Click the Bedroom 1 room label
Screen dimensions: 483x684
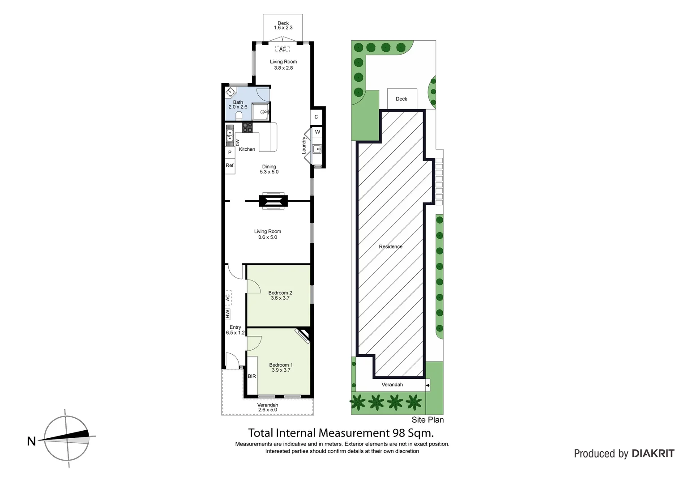[x=281, y=368]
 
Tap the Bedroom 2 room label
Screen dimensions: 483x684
[x=280, y=295]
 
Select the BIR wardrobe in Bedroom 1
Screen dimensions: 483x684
[x=252, y=376]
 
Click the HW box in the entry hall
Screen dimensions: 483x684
[x=227, y=314]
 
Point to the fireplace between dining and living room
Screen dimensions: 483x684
[x=273, y=201]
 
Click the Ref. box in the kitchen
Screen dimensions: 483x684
[x=230, y=165]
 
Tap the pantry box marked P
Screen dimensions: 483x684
[x=230, y=153]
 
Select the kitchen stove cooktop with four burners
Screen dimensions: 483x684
[x=247, y=127]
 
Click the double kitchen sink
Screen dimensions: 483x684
[x=229, y=135]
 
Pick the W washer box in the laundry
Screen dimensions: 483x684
[x=317, y=132]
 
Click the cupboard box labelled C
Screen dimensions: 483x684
[x=316, y=117]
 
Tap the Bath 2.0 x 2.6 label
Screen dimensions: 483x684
[x=238, y=105]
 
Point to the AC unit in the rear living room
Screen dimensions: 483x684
[x=282, y=49]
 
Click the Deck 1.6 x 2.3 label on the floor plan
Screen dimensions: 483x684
[x=283, y=25]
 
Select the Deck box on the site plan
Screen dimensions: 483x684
[x=402, y=99]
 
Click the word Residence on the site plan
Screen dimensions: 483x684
[x=390, y=246]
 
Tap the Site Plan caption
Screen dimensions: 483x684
[x=427, y=419]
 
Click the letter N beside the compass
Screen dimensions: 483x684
[x=31, y=441]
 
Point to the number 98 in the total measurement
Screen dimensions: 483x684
[x=399, y=433]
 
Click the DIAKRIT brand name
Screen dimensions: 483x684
[x=653, y=453]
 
